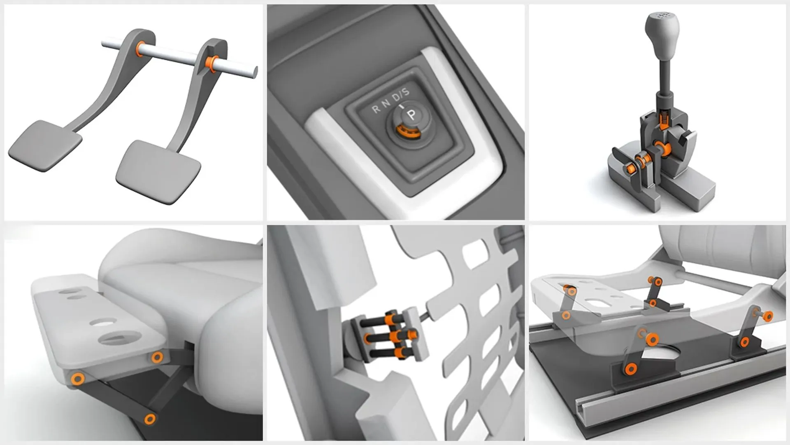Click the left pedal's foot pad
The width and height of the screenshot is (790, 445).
44,145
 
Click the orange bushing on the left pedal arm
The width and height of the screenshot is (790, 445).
140,49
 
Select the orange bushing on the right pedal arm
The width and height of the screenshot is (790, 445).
211,63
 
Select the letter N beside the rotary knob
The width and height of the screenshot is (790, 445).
386,103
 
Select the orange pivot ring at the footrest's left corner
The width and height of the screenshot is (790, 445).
77,378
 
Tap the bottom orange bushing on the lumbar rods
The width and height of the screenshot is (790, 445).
398,352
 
